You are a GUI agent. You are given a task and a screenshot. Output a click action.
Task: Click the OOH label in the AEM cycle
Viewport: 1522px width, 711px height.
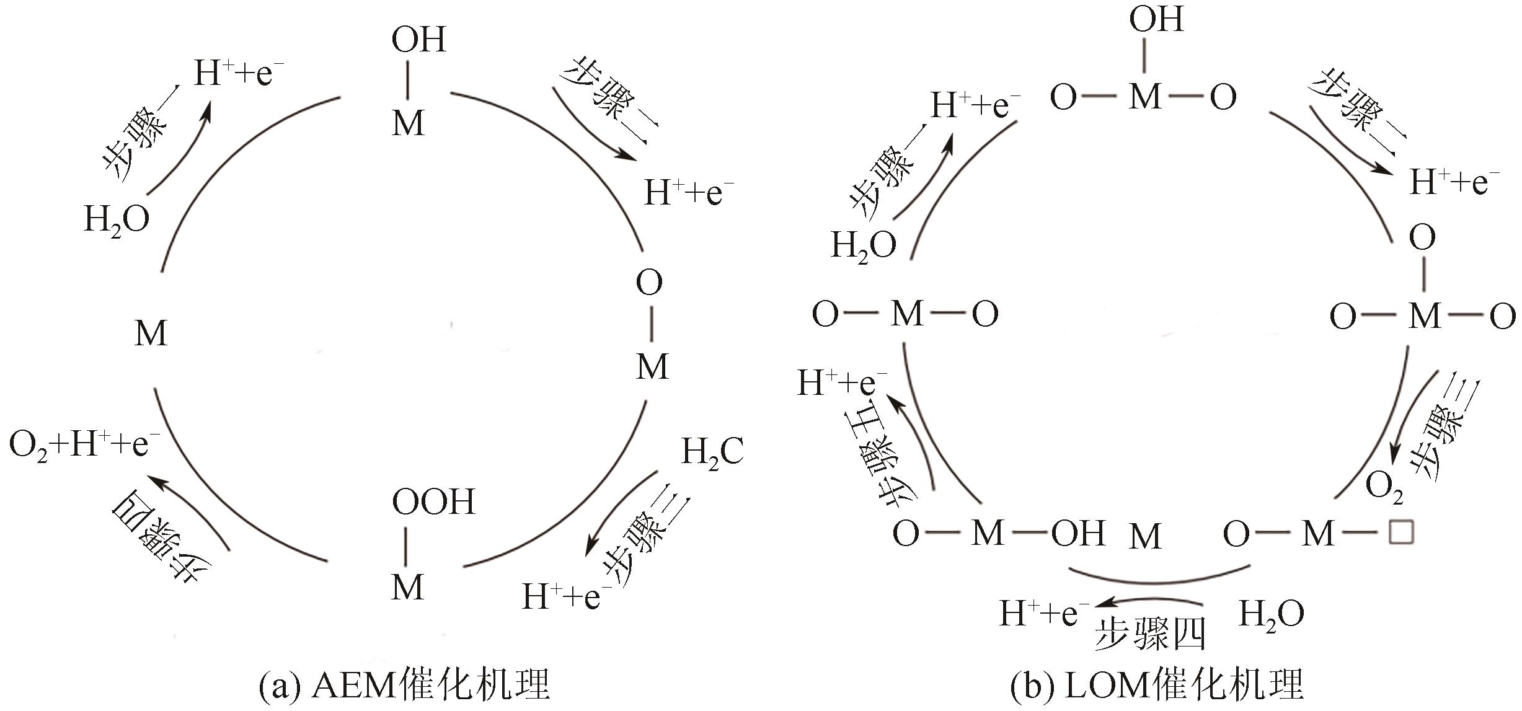(433, 501)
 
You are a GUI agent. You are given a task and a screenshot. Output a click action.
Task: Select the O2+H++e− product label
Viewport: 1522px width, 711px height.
(85, 445)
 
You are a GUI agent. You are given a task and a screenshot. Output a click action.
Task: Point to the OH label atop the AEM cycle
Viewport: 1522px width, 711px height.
(418, 40)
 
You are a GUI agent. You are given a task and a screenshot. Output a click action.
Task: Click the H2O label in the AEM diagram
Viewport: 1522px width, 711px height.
(117, 219)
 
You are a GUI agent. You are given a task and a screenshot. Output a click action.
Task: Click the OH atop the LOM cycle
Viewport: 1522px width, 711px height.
(1156, 20)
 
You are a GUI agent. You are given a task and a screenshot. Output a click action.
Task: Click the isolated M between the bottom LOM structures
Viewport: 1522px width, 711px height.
(1144, 536)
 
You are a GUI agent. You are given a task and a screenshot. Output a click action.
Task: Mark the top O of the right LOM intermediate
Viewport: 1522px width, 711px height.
(1422, 237)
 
